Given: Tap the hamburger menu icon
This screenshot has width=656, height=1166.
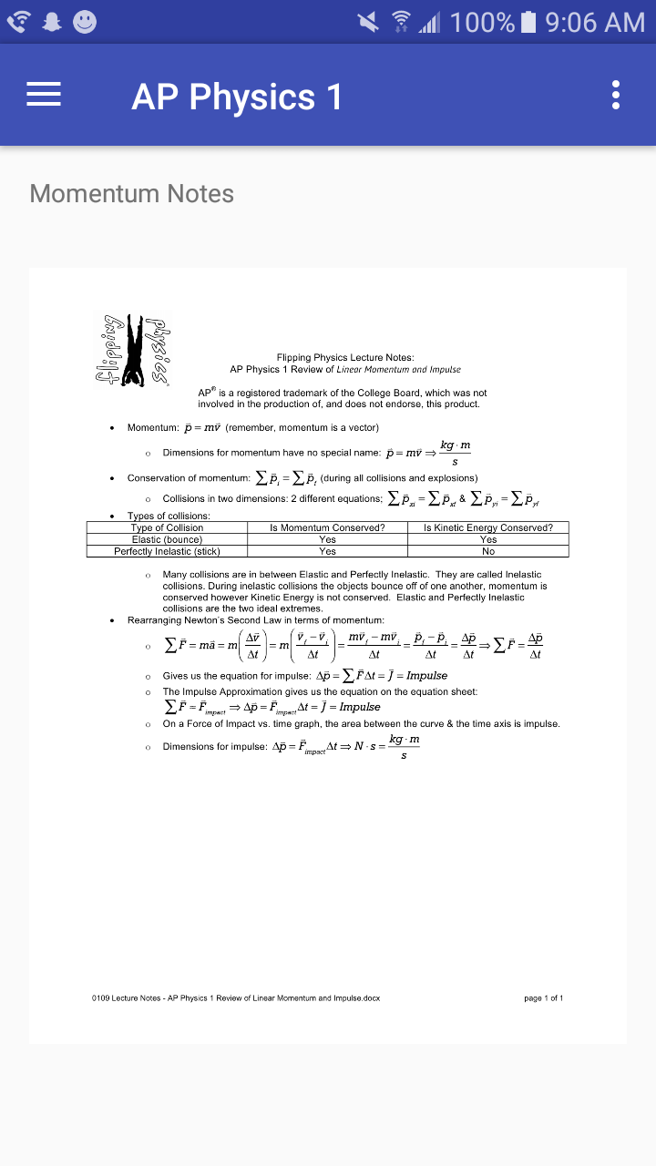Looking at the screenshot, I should pos(44,95).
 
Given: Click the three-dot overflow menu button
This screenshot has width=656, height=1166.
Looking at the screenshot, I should pos(616,95).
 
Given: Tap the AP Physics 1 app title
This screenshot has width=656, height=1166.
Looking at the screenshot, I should pos(237,97).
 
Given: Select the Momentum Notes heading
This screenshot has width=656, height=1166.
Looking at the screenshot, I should pos(132,193).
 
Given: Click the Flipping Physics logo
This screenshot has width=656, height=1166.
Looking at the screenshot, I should pos(133,348).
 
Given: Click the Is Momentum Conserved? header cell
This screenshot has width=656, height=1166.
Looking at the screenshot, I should pos(327,527).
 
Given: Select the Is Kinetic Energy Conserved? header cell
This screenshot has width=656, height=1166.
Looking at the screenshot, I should pos(487,527).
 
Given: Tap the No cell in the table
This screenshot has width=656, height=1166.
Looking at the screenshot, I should pos(487,551).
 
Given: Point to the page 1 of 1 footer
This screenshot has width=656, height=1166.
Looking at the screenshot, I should pos(543,998).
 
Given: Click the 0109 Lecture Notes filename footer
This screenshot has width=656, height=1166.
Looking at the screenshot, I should pos(236,998).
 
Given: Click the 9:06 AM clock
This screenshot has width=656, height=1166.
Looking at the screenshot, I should pos(595,22).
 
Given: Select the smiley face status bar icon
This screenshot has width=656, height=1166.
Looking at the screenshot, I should pos(85,22).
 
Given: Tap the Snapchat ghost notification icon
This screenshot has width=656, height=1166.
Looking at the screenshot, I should pos(51,22).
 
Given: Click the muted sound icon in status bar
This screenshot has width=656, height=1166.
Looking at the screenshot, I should pos(368,22).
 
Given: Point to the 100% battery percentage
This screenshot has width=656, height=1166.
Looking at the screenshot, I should pos(482,22).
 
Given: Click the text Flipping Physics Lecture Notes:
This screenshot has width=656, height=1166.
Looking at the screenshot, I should pos(345,358).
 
